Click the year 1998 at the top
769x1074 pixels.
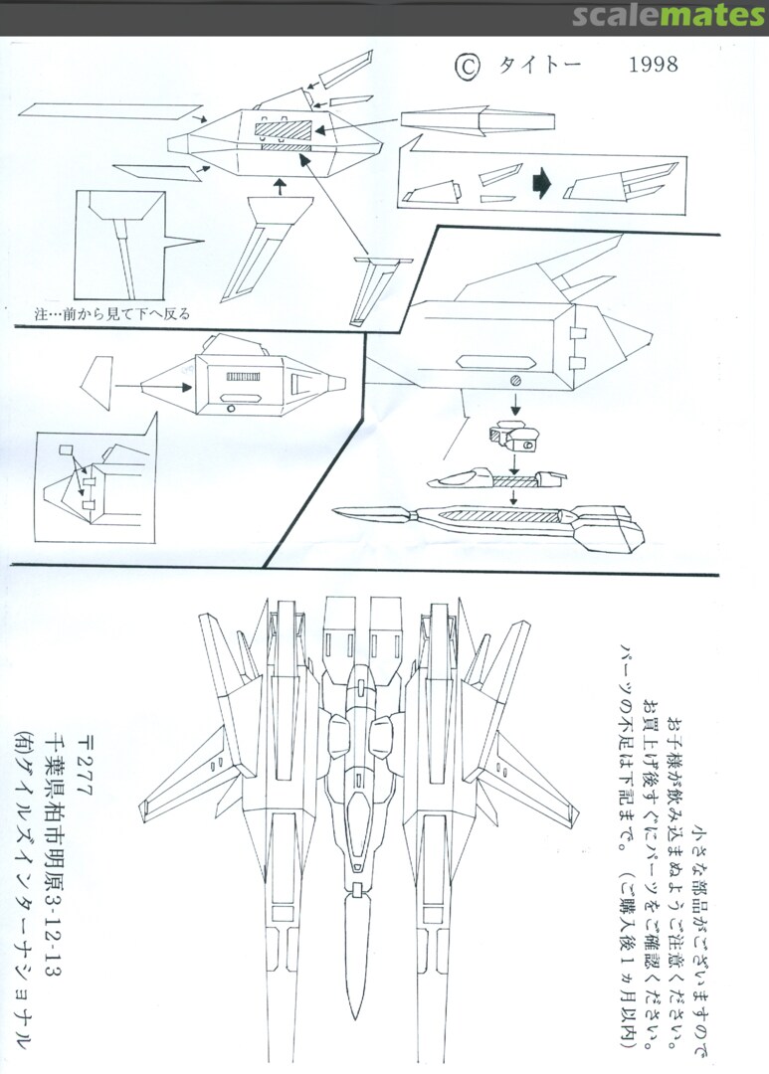[x=654, y=66]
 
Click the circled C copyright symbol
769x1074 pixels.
[x=469, y=66]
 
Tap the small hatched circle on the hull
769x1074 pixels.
[x=514, y=381]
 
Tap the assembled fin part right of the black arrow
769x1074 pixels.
[x=618, y=184]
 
